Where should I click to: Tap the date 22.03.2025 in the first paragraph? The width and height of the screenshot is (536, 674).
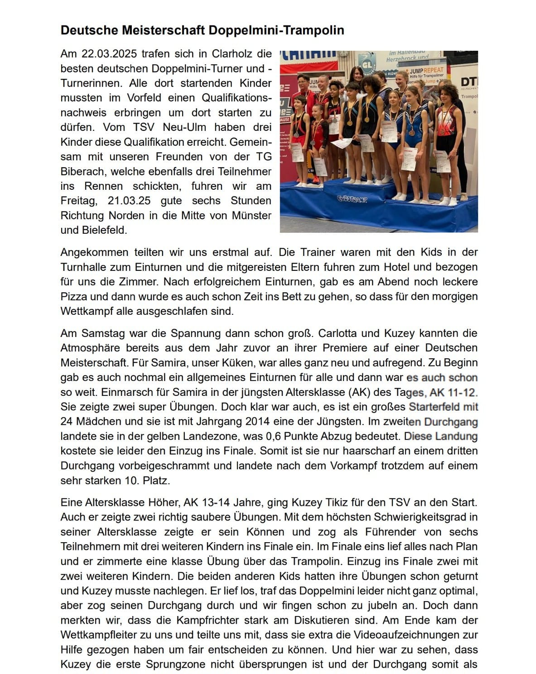coord(109,54)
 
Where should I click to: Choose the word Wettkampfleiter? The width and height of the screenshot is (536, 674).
coord(99,635)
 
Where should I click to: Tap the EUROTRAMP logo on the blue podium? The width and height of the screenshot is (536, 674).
coord(352,199)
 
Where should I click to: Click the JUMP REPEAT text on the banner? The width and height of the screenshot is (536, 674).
coord(427,71)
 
